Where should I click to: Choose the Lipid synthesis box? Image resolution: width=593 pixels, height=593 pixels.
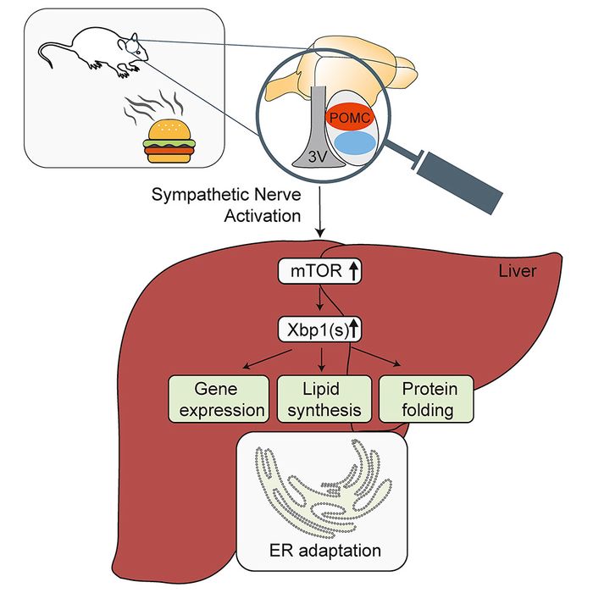click(x=322, y=400)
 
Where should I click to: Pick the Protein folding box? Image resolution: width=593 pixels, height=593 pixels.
click(x=425, y=400)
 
